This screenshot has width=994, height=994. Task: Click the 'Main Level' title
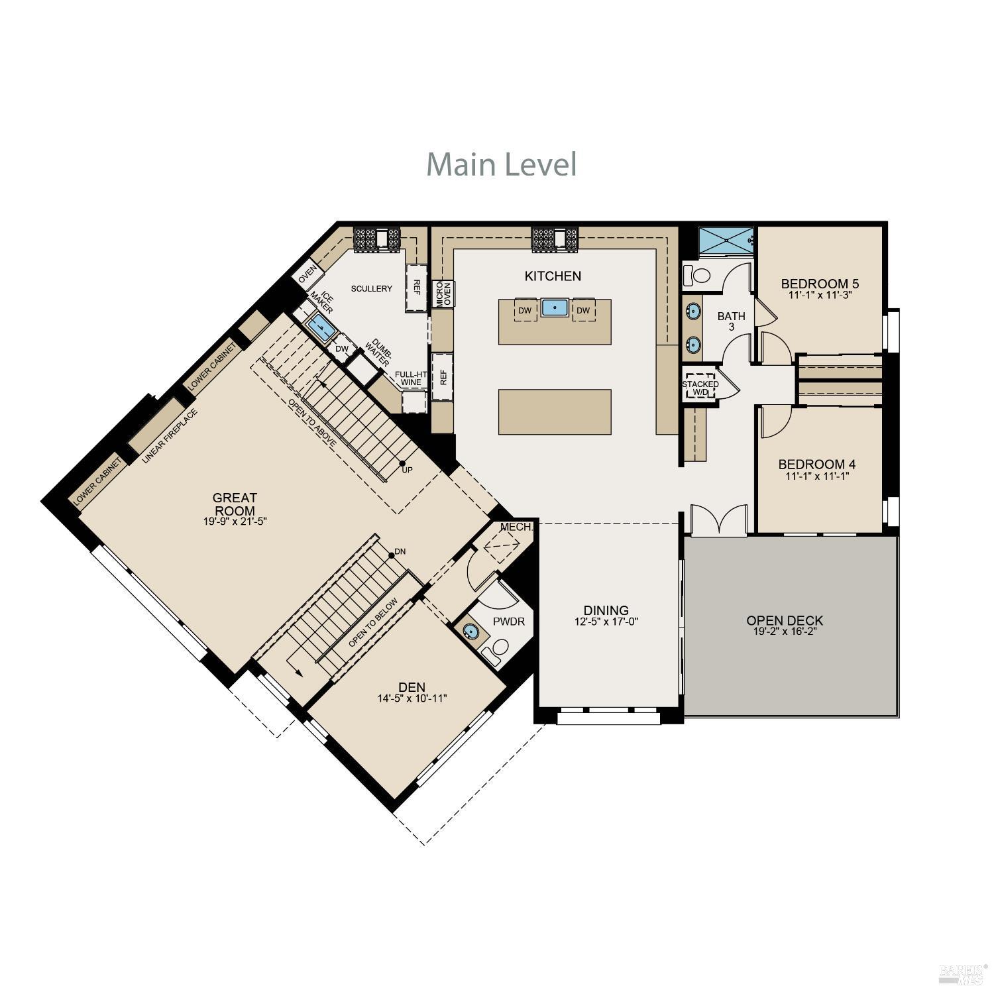(501, 164)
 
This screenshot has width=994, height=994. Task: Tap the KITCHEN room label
(553, 276)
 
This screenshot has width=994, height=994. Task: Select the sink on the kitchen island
(554, 308)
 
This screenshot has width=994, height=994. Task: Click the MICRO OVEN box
(443, 294)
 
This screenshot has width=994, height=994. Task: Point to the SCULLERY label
(371, 289)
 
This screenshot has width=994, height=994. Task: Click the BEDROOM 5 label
(820, 284)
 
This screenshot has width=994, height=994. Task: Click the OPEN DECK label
(785, 621)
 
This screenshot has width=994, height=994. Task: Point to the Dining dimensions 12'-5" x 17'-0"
(606, 622)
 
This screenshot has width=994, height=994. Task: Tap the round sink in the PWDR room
(471, 631)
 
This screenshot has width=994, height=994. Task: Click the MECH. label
(516, 527)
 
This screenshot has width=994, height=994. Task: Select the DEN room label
(412, 687)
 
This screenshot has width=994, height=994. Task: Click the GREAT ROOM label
(235, 504)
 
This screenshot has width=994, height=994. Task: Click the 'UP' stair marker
(407, 470)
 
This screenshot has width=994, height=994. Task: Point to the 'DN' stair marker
(400, 551)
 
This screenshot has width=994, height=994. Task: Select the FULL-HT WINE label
(411, 378)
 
